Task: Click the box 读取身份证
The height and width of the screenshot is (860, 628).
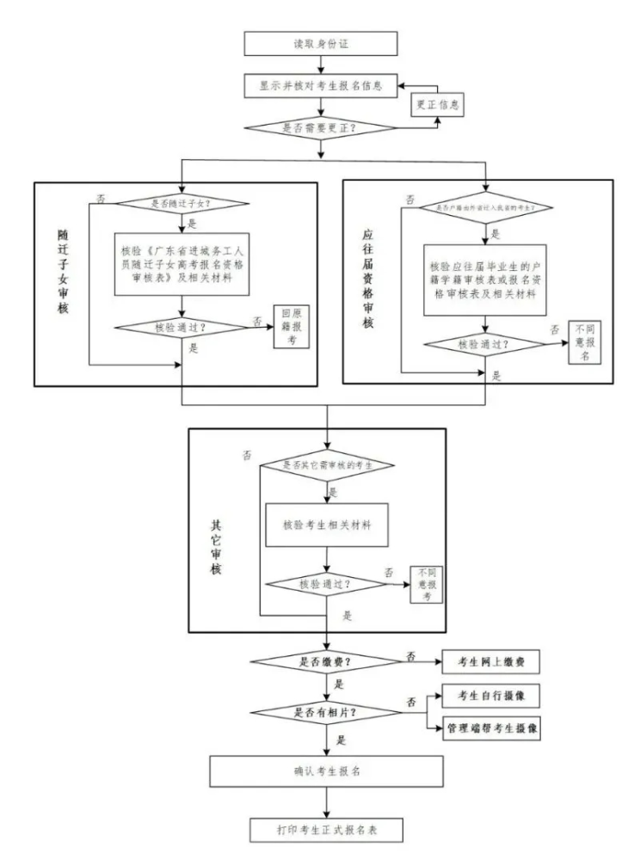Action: pyautogui.click(x=321, y=43)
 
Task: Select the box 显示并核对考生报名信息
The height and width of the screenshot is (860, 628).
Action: pyautogui.click(x=321, y=86)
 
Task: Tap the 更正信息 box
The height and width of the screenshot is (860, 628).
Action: pyautogui.click(x=436, y=106)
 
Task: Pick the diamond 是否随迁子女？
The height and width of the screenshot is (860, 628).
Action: pyautogui.click(x=182, y=204)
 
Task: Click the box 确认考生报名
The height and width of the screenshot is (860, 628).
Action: pyautogui.click(x=327, y=771)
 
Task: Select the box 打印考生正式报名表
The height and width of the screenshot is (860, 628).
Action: pyautogui.click(x=327, y=832)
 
